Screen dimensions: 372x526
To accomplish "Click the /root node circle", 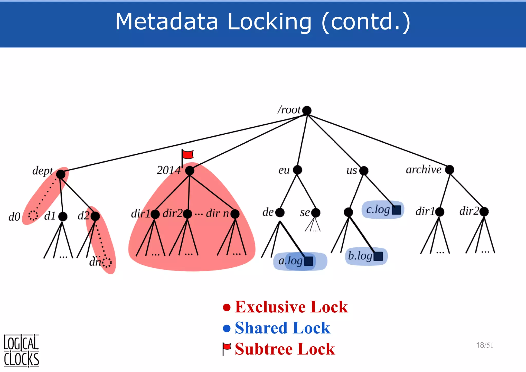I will coord(307,110).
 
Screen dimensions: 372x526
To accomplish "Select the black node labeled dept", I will coord(61,174).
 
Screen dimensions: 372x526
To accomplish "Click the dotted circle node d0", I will coord(33,215).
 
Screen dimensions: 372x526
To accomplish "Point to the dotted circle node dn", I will coord(107,263).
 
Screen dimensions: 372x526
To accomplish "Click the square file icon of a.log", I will coord(308,261).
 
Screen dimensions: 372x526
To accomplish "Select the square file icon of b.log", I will coord(378,256).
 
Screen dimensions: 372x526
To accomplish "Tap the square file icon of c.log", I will coord(396,210).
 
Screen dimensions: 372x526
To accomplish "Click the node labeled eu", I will coord(297,170).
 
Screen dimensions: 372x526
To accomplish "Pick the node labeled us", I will coord(364,171).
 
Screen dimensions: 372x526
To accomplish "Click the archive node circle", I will coord(449,170).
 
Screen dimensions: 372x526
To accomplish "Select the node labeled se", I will coord(316,213).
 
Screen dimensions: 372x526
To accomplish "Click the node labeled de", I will coord(280,212).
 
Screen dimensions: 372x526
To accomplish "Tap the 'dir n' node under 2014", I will coord(235,214).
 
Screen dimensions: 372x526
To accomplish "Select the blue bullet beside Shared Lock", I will coord(227,328).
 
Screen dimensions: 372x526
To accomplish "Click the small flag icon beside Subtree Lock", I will coord(227,349).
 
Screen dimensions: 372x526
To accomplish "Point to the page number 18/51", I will coord(484,345).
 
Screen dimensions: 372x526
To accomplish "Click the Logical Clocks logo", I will coord(21,351).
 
